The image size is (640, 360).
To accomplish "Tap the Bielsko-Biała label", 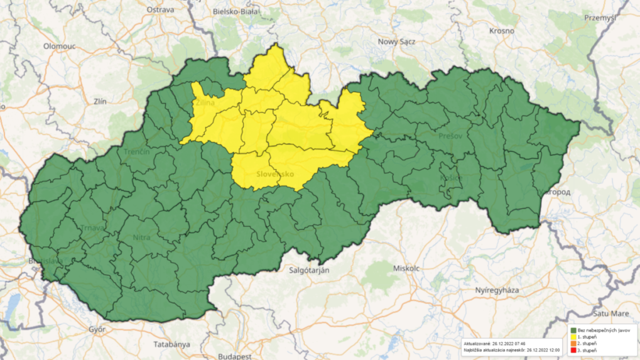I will pos(237,11).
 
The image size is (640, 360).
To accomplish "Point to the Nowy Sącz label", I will pos(394,42).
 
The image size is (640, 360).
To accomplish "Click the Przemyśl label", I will pos(600,18).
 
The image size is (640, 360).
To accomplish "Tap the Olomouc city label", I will pos(59,46).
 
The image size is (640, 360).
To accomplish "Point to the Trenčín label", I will pos(136,153).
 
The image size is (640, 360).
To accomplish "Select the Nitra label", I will pos(142,237).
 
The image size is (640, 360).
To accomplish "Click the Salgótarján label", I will pos(309,270).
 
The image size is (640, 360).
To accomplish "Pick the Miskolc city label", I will pos(406,268).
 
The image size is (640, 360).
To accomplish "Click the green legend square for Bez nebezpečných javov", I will pos(573,330).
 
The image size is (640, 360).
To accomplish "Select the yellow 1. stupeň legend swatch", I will pos(573,337).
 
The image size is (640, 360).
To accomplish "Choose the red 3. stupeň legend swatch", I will pos(573,350).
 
